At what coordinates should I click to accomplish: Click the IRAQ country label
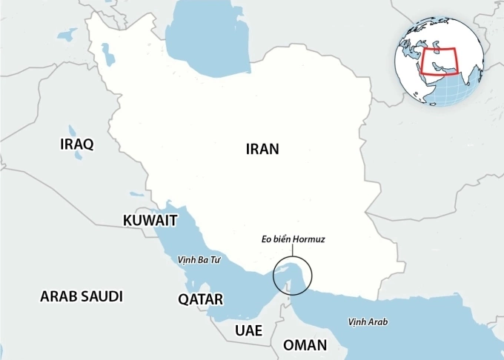pyautogui.click(x=76, y=144)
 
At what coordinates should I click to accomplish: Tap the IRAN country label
pyautogui.click(x=262, y=149)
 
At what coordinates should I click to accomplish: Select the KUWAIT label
pyautogui.click(x=150, y=221)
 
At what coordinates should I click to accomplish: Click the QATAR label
pyautogui.click(x=200, y=299)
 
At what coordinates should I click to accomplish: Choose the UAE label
pyautogui.click(x=248, y=330)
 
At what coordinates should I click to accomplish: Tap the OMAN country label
pyautogui.click(x=305, y=345)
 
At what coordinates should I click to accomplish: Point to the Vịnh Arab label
pyautogui.click(x=368, y=321)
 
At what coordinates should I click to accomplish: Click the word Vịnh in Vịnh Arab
pyautogui.click(x=357, y=321)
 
